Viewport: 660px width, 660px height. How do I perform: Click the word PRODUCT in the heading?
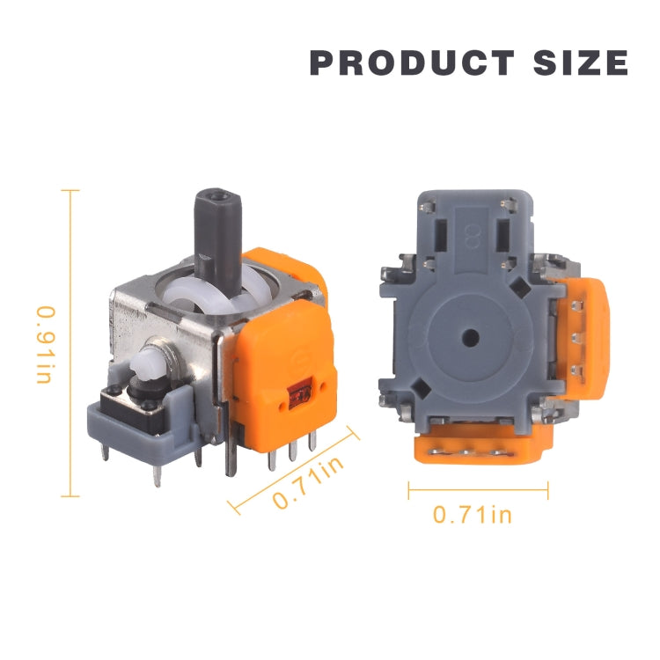point(412,63)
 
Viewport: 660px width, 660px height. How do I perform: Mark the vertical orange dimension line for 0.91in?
point(70,343)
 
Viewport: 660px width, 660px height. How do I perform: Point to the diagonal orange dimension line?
point(295,466)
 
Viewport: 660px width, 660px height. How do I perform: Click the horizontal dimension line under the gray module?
point(478,491)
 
